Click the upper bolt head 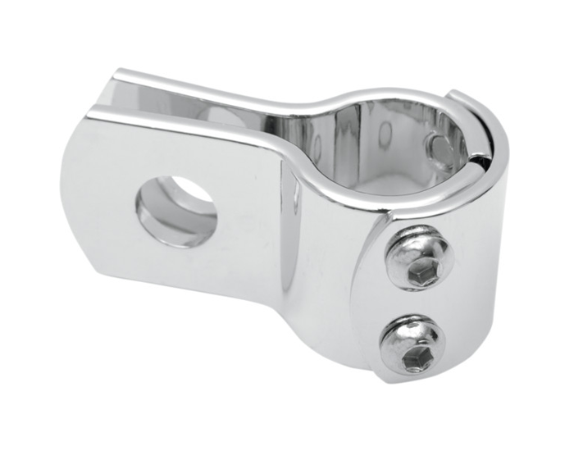[x=417, y=258]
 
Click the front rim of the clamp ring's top [x=369, y=198]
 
